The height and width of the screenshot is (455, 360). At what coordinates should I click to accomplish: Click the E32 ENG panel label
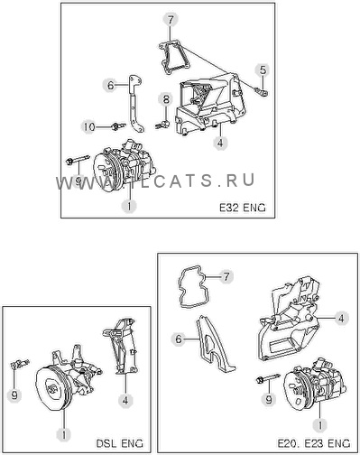click(x=243, y=208)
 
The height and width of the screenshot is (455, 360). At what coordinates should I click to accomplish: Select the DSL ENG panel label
click(x=120, y=443)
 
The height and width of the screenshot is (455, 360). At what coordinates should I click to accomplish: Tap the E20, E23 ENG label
click(x=314, y=443)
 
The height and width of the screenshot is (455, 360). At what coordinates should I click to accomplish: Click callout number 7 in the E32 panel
click(x=171, y=21)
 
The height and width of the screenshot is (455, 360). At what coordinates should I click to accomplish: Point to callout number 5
click(x=263, y=70)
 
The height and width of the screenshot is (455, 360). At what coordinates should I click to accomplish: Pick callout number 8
click(x=166, y=99)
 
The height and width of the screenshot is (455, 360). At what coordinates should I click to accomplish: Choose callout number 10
click(x=88, y=126)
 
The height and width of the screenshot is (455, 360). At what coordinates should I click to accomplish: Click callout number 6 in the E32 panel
click(x=111, y=85)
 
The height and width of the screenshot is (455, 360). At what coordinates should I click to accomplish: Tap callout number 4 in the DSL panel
click(x=125, y=401)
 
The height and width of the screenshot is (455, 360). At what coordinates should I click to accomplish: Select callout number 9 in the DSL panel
click(x=14, y=395)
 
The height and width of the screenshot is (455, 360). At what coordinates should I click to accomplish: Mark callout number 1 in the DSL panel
click(x=64, y=434)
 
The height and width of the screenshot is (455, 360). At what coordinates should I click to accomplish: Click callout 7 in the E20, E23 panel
click(x=226, y=276)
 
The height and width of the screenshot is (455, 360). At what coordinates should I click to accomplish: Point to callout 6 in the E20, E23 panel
click(x=179, y=339)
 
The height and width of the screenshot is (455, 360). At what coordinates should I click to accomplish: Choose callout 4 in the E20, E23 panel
click(x=341, y=318)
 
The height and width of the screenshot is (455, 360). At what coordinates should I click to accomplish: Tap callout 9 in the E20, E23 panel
click(x=269, y=399)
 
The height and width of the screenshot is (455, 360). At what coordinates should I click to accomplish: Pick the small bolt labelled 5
click(x=262, y=91)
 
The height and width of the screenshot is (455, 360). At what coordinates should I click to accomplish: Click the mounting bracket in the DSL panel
click(x=121, y=346)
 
